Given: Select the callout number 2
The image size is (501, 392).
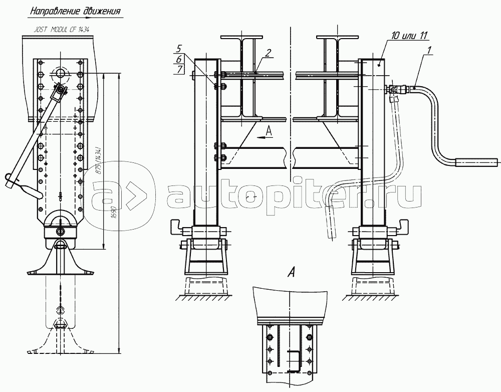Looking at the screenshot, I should click(269, 53).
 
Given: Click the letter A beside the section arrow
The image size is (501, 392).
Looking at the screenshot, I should click(269, 131).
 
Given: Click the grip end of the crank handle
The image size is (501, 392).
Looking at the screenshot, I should click(476, 162).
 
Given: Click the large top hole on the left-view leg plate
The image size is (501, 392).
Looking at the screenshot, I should click(61, 73).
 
